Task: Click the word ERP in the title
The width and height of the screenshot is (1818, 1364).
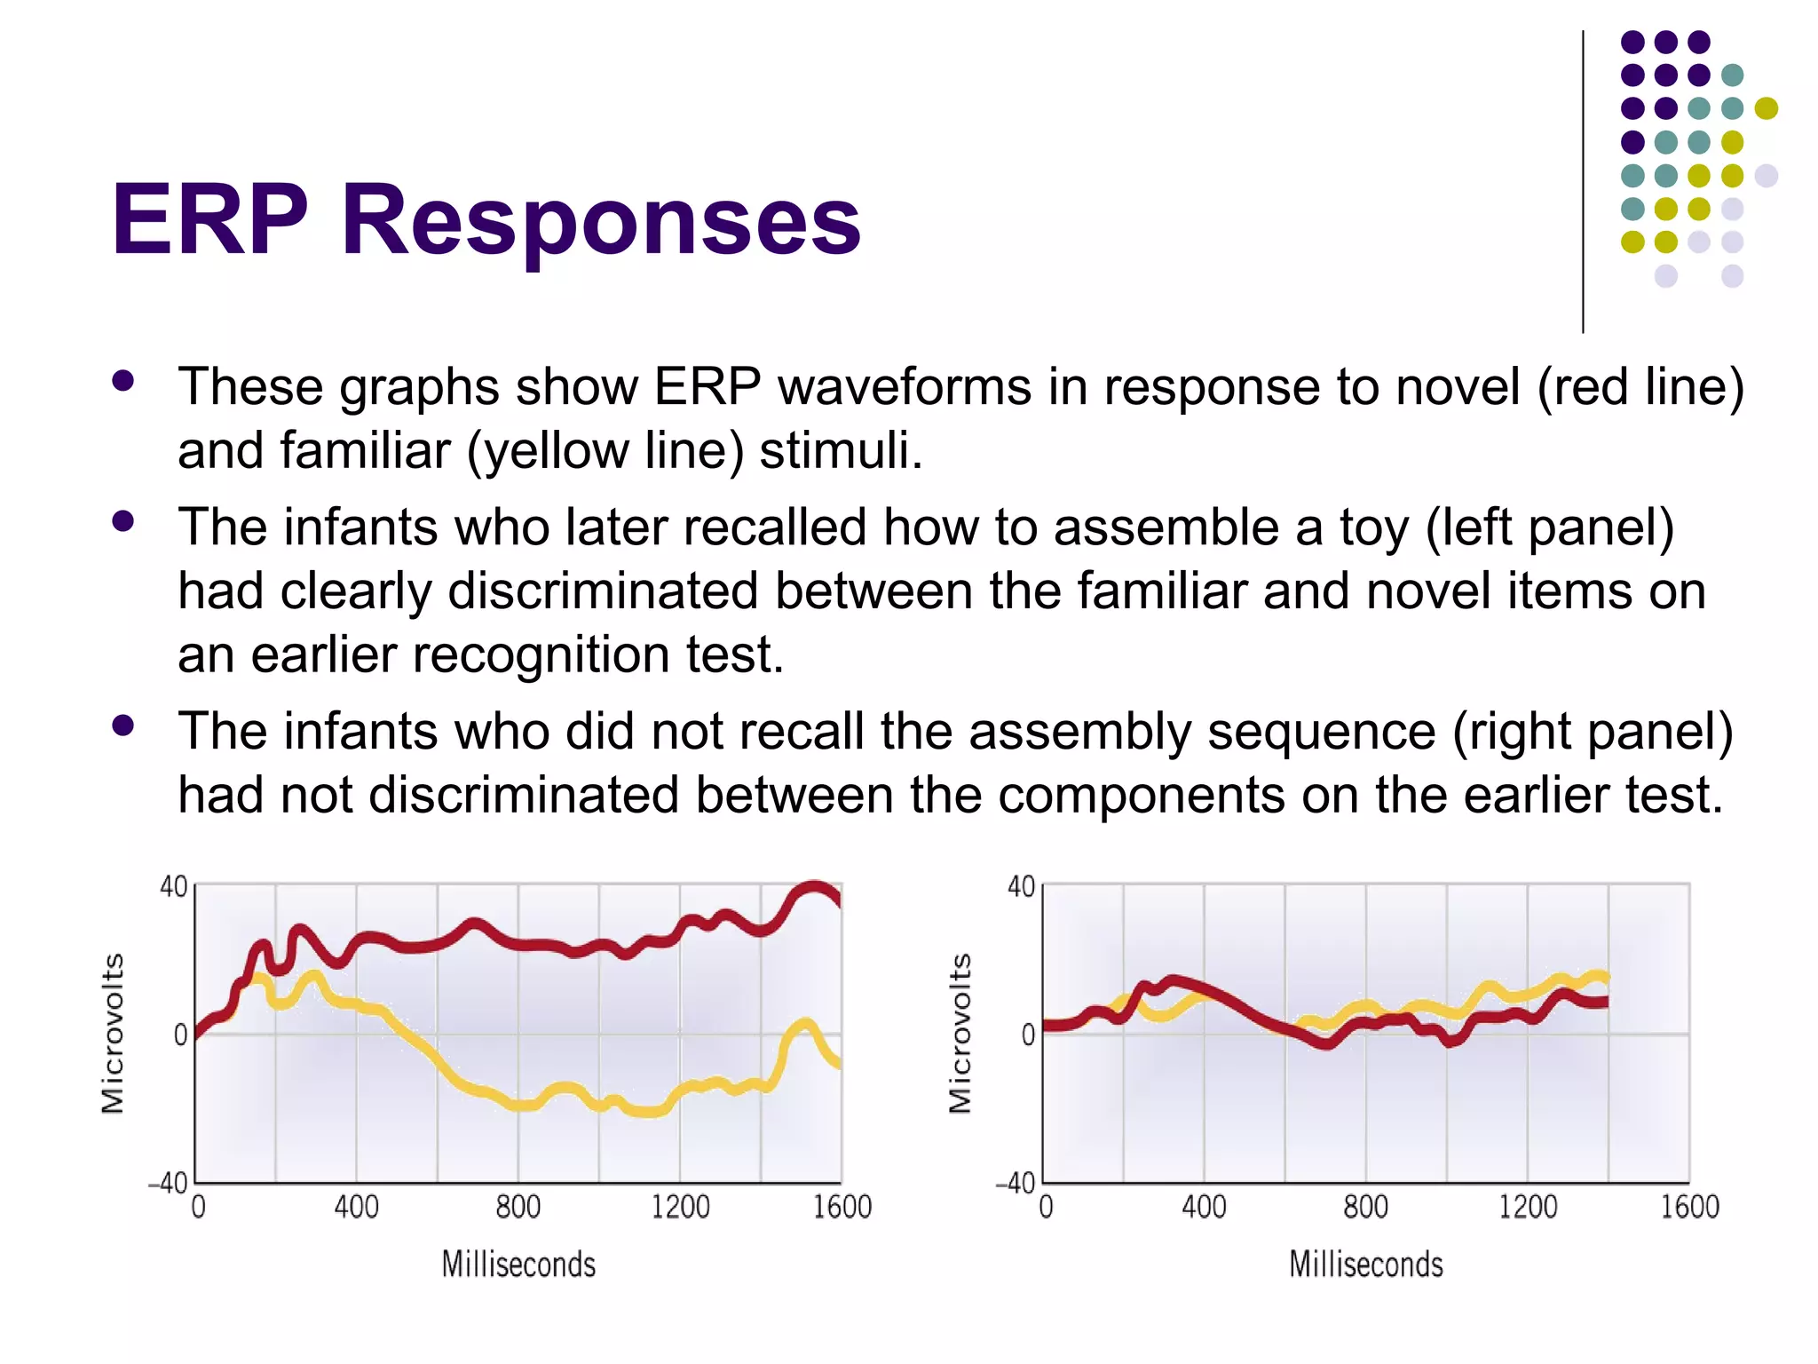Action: [x=209, y=220]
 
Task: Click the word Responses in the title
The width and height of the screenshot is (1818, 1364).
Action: [x=600, y=220]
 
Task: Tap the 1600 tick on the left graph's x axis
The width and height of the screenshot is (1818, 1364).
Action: [x=842, y=1207]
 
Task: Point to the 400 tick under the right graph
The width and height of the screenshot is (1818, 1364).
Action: [x=1204, y=1207]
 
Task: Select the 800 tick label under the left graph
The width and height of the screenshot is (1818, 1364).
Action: [x=518, y=1207]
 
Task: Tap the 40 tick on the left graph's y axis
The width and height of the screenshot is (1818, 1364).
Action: [x=173, y=886]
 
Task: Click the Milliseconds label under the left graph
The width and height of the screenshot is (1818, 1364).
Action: [x=518, y=1264]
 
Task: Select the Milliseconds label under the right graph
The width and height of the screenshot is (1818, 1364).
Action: [x=1366, y=1264]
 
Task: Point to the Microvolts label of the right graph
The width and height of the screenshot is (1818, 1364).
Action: [x=960, y=1034]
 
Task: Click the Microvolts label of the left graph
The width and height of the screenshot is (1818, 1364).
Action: [x=113, y=1034]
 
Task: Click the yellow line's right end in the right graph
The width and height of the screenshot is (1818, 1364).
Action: [x=1602, y=978]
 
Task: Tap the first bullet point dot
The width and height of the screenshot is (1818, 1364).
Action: [x=123, y=382]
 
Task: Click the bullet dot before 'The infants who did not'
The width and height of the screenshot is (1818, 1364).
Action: [x=123, y=726]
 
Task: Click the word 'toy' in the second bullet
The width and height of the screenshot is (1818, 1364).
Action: [x=1373, y=527]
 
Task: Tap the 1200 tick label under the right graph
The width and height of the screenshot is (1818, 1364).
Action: [x=1528, y=1207]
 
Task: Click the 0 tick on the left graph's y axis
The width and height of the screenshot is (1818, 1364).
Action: [x=180, y=1035]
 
